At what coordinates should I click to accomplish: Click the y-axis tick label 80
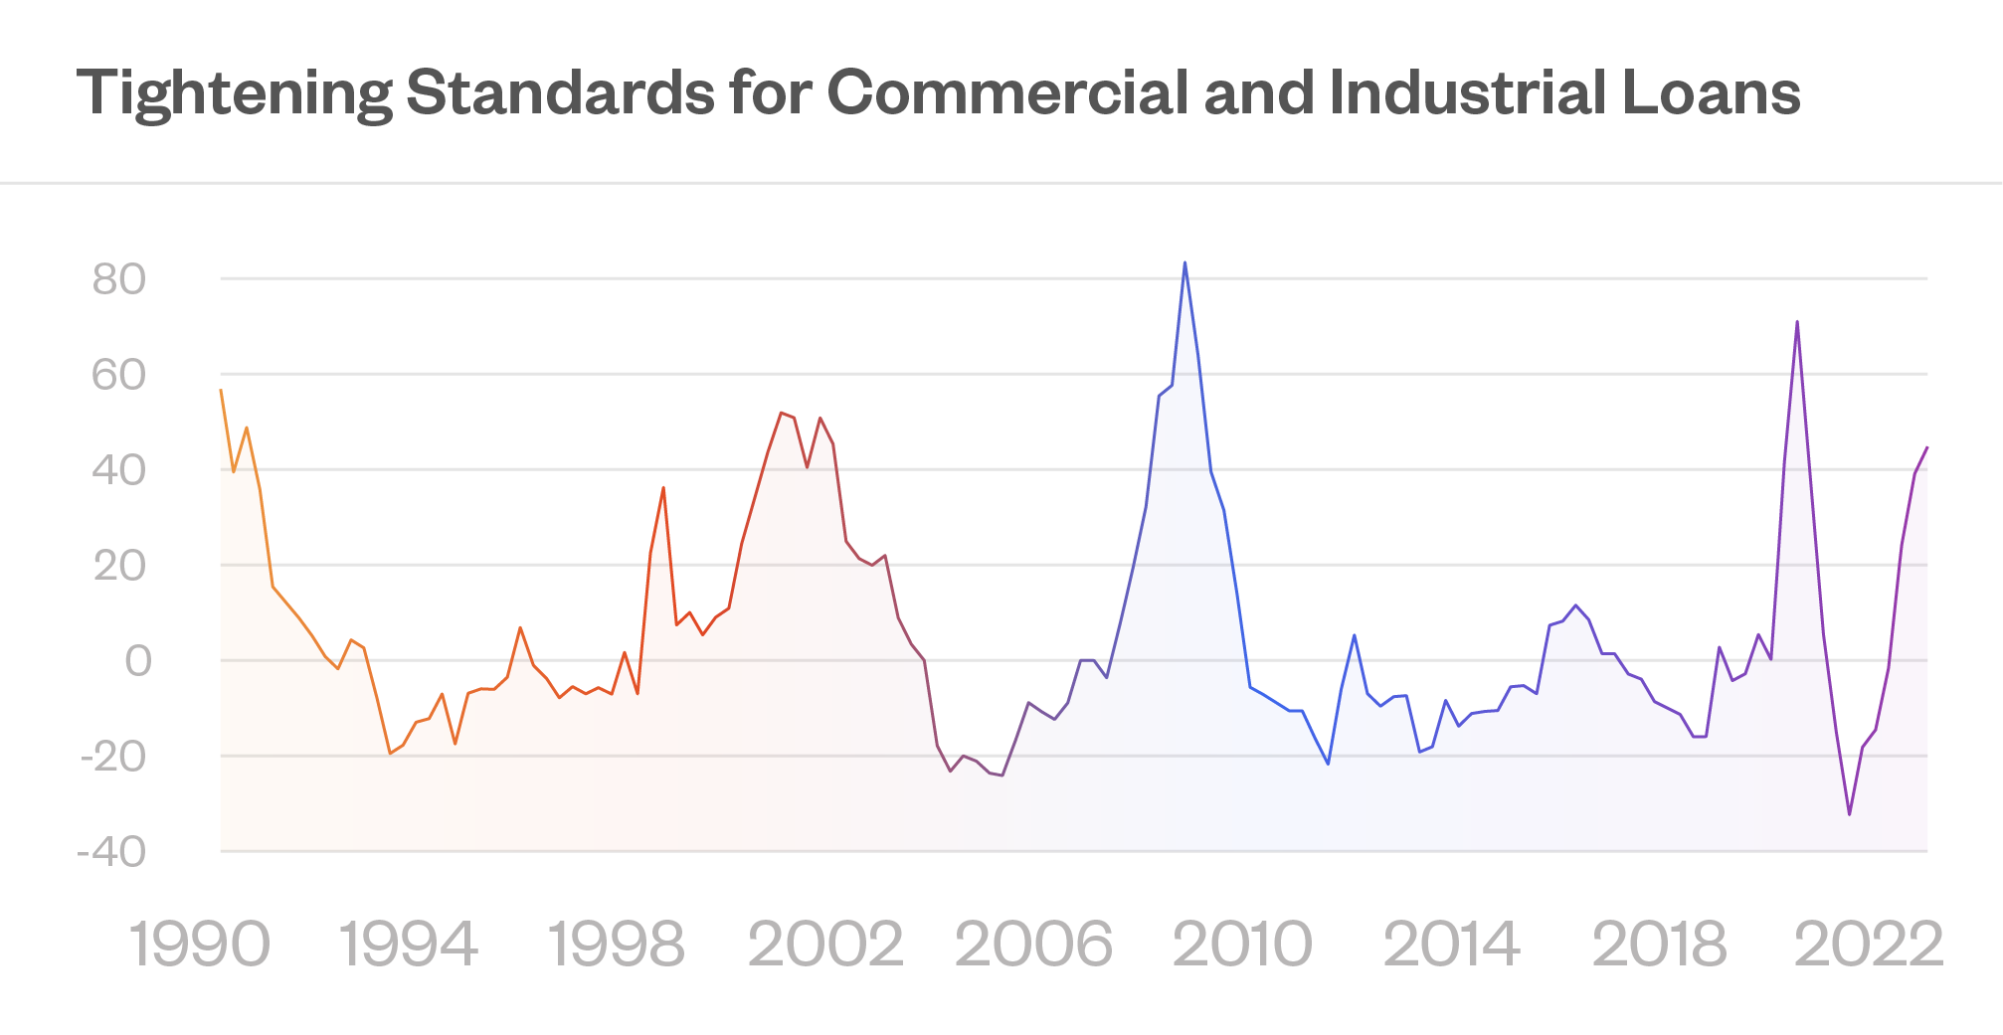tap(119, 280)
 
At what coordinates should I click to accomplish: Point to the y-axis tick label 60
tap(119, 376)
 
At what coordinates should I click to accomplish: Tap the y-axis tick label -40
tap(111, 852)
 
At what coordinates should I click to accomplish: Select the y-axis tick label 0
tap(138, 661)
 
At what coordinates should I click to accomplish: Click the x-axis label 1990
tap(200, 945)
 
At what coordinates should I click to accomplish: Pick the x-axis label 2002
tap(825, 945)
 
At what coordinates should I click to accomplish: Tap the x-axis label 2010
tap(1242, 945)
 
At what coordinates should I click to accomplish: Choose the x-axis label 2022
tap(1868, 945)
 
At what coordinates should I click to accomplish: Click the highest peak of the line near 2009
tap(1184, 263)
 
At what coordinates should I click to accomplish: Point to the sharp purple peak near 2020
tap(1797, 322)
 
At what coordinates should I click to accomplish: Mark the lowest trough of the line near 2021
tap(1849, 814)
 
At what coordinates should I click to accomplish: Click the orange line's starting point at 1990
tap(221, 391)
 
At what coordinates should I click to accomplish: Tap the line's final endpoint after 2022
tap(1926, 448)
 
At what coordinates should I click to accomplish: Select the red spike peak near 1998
tap(663, 488)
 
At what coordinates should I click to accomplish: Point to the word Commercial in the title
tap(1006, 92)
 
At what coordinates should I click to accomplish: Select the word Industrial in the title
tap(1467, 92)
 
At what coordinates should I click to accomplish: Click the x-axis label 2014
tap(1451, 945)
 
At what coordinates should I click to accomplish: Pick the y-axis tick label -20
tap(113, 757)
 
